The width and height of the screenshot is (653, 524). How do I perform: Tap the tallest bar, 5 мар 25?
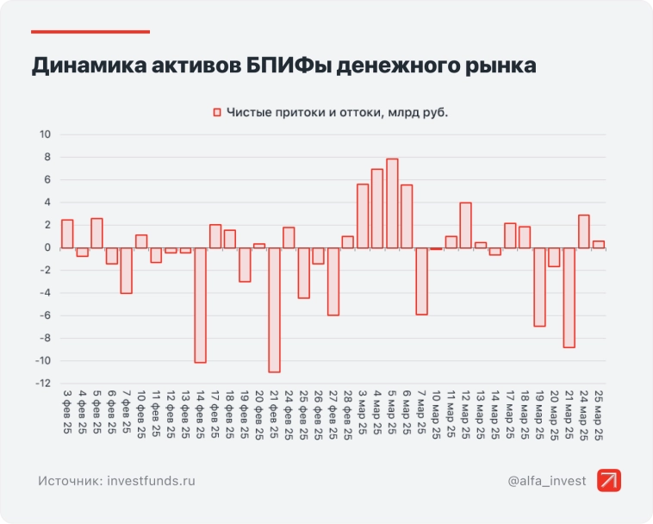pyautogui.click(x=392, y=203)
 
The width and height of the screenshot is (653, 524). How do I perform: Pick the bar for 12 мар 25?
pyautogui.click(x=466, y=225)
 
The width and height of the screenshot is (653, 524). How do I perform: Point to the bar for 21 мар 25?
pyautogui.click(x=569, y=297)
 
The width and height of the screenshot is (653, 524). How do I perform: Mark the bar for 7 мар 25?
pyautogui.click(x=422, y=281)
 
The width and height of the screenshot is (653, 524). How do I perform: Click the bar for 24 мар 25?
pyautogui.click(x=583, y=231)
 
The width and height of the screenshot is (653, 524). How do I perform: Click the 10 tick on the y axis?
pyautogui.click(x=45, y=134)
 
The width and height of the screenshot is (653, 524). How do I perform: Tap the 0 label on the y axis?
pyautogui.click(x=48, y=247)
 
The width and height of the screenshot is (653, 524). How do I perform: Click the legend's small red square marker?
pyautogui.click(x=217, y=113)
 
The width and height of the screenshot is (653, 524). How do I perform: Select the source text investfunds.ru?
pyautogui.click(x=152, y=480)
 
